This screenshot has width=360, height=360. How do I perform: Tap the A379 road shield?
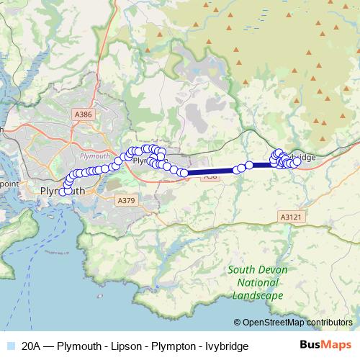(x=126, y=200)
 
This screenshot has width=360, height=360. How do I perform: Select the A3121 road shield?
(x=288, y=215)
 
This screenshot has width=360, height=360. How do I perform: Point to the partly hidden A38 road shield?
(x=210, y=176)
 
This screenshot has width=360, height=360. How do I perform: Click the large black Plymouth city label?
(x=61, y=192)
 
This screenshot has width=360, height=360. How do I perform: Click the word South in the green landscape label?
(x=240, y=269)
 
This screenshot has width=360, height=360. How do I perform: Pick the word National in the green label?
(x=256, y=282)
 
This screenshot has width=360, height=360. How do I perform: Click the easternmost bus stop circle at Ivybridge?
(x=297, y=162)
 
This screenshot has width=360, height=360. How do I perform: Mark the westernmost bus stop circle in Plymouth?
(x=63, y=192)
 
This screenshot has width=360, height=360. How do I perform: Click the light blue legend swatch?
(x=9, y=346)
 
